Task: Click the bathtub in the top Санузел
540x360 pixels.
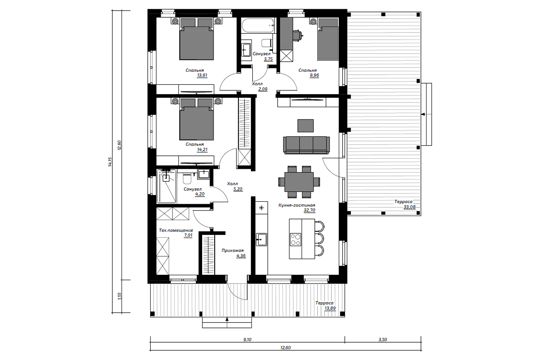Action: pos(258,25)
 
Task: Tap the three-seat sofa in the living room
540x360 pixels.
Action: pos(306,145)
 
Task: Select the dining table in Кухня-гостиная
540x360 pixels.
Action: pos(299,182)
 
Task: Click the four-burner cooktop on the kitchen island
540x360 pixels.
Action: pos(295,239)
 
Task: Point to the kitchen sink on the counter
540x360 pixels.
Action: pos(261,239)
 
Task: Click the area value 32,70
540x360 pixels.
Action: pos(309,210)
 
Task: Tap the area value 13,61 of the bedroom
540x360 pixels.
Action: pos(202,75)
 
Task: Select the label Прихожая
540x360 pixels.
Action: pos(232,251)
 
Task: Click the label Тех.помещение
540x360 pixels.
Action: pos(176,230)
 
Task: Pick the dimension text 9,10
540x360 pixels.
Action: pos(247,339)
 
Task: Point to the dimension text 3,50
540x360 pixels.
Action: pos(383,339)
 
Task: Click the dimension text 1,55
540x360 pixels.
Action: pos(119,296)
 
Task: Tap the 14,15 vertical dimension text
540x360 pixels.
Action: pos(110,162)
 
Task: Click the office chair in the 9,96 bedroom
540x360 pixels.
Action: pos(298,36)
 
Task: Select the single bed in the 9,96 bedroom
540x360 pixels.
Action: pos(328,39)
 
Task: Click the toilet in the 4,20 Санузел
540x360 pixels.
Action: pos(187,178)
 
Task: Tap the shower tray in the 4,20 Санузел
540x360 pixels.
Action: pos(167,186)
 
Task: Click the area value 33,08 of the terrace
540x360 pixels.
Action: pos(410,207)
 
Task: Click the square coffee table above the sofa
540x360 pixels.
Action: pos(305,126)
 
